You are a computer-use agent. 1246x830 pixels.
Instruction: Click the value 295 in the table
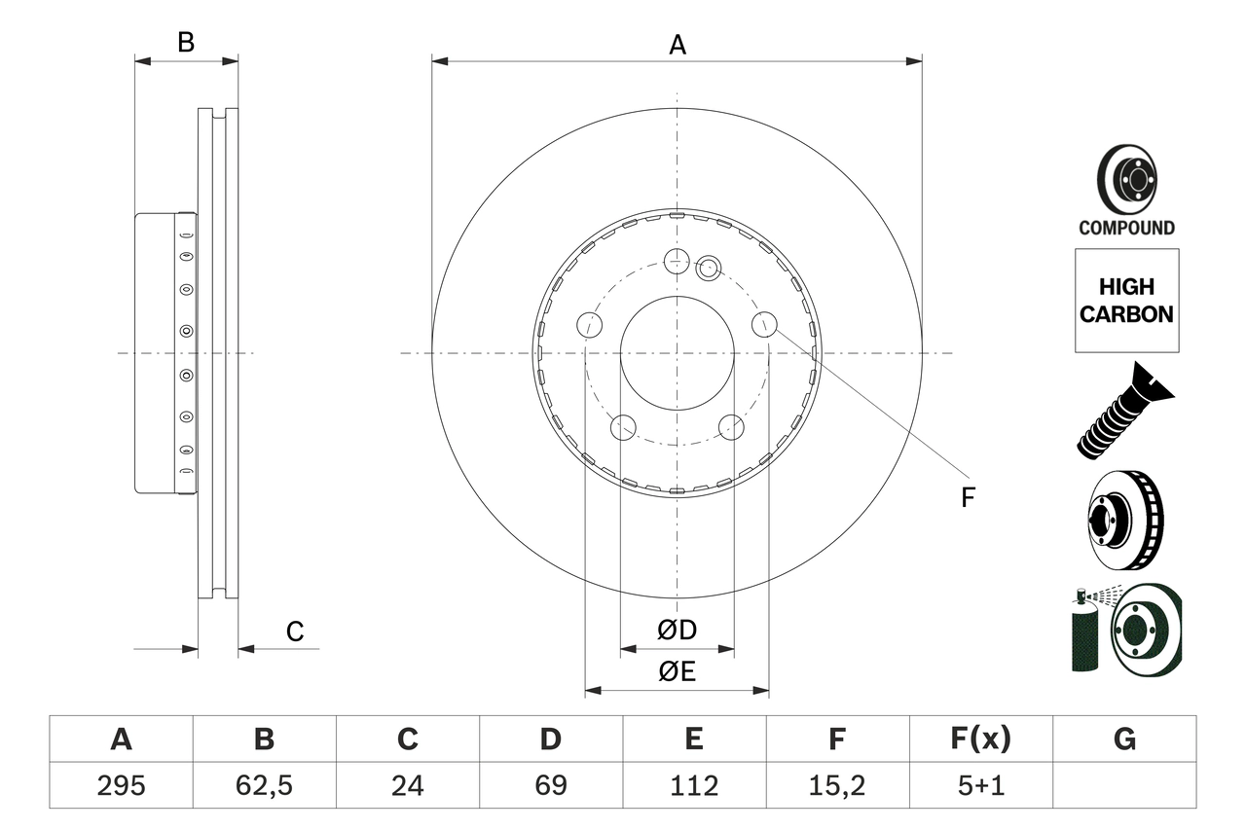[x=121, y=784]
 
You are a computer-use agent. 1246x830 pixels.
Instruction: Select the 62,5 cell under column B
[x=264, y=784]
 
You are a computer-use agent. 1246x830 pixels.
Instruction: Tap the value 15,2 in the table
[x=836, y=784]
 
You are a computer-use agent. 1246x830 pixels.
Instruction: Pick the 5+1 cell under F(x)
[x=979, y=784]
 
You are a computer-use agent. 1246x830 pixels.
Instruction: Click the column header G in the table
[x=1124, y=740]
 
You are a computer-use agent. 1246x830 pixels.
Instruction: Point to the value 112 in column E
[x=693, y=784]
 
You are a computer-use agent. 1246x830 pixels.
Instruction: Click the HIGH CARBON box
[x=1126, y=301]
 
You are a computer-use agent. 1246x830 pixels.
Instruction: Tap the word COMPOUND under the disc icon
[x=1126, y=228]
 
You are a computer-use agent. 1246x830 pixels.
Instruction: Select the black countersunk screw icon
[x=1124, y=411]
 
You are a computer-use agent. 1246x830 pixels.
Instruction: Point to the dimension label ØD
[x=677, y=631]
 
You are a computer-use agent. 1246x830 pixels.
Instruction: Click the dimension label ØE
[x=677, y=672]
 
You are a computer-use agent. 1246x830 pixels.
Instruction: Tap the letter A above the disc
[x=677, y=45]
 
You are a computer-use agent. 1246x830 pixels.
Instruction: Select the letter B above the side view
[x=186, y=43]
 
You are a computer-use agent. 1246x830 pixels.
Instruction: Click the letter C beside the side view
[x=295, y=632]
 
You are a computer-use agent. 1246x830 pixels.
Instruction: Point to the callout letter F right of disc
[x=967, y=498]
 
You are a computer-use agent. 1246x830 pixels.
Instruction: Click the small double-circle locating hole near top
[x=708, y=267]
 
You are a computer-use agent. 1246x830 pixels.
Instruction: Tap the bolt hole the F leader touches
[x=764, y=325]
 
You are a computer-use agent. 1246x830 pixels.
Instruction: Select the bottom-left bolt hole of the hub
[x=622, y=426]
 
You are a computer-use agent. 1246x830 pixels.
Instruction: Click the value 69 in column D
[x=550, y=784]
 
